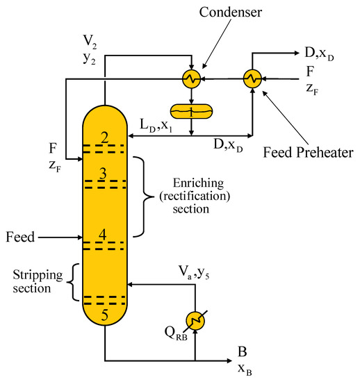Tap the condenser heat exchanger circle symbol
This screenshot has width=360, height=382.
coord(191,79)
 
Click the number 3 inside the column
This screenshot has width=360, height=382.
coord(103,174)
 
